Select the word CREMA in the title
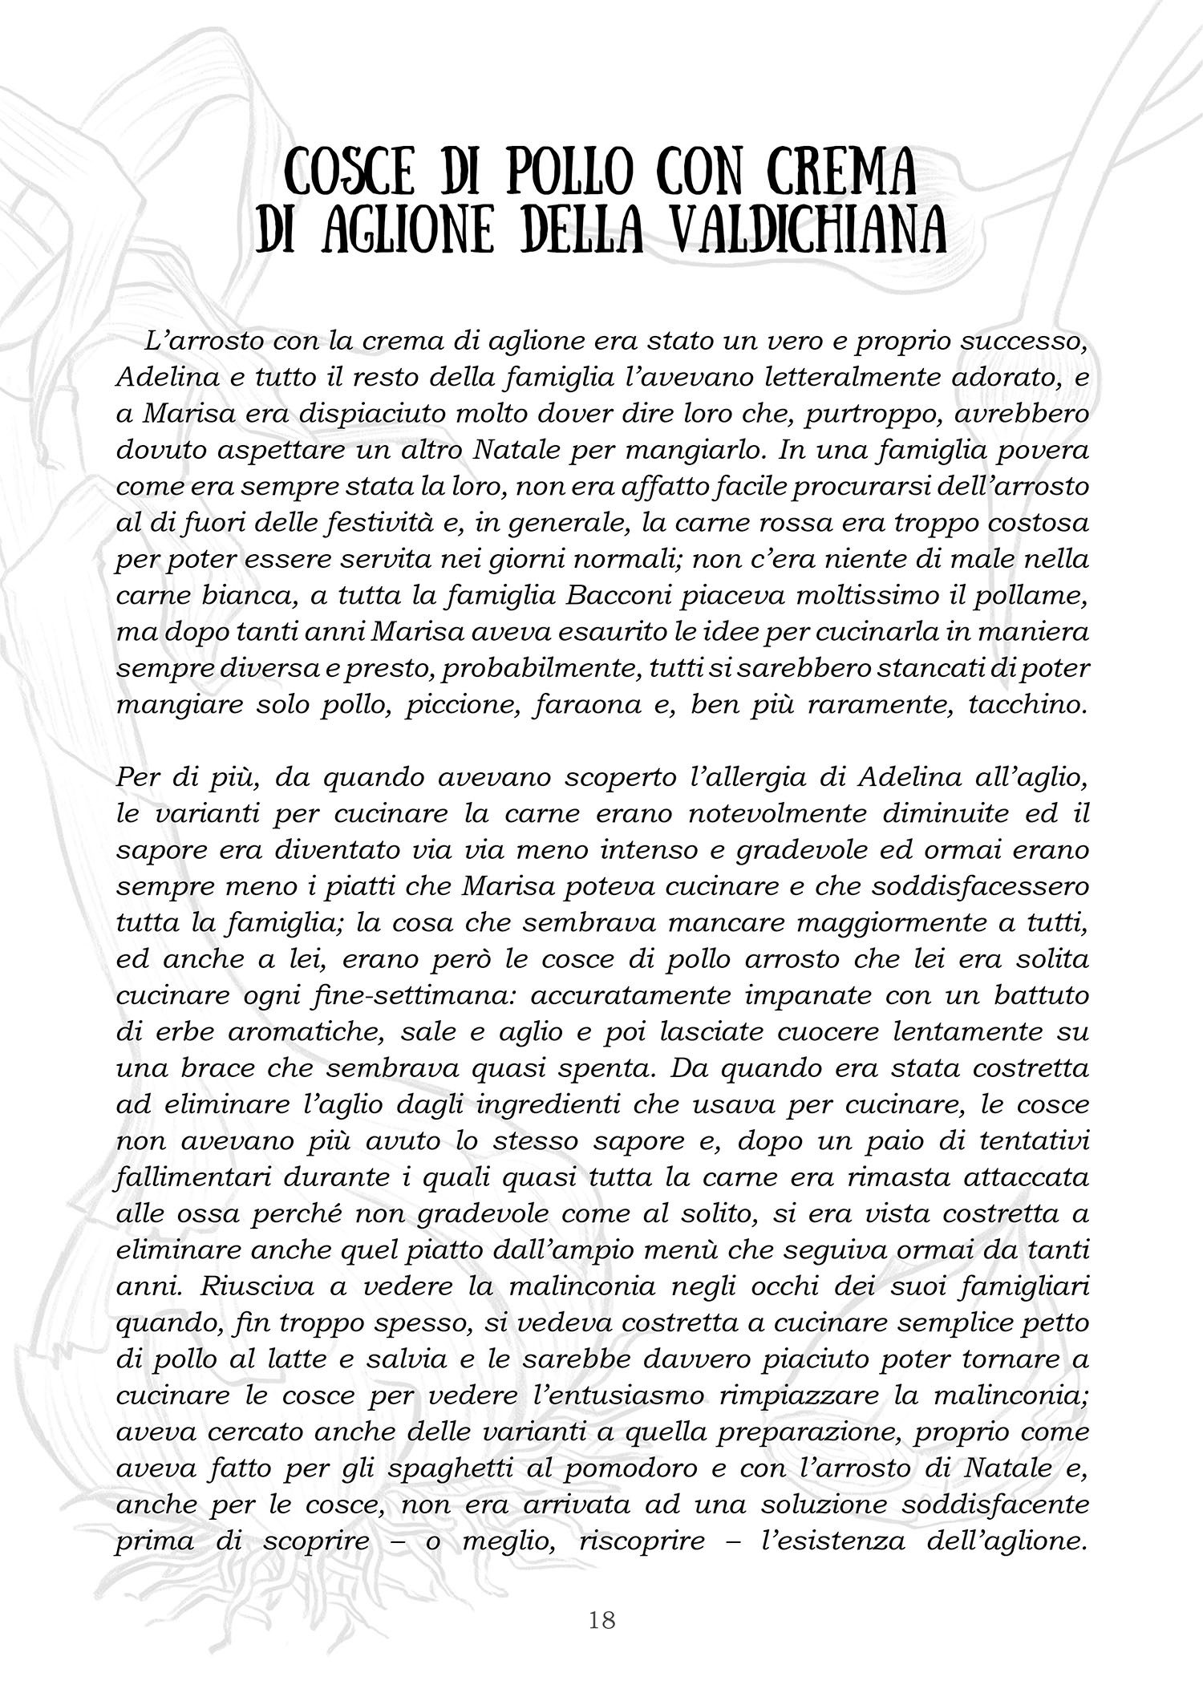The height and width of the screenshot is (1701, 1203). (850, 172)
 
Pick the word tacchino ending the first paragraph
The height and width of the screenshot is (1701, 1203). (1027, 705)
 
